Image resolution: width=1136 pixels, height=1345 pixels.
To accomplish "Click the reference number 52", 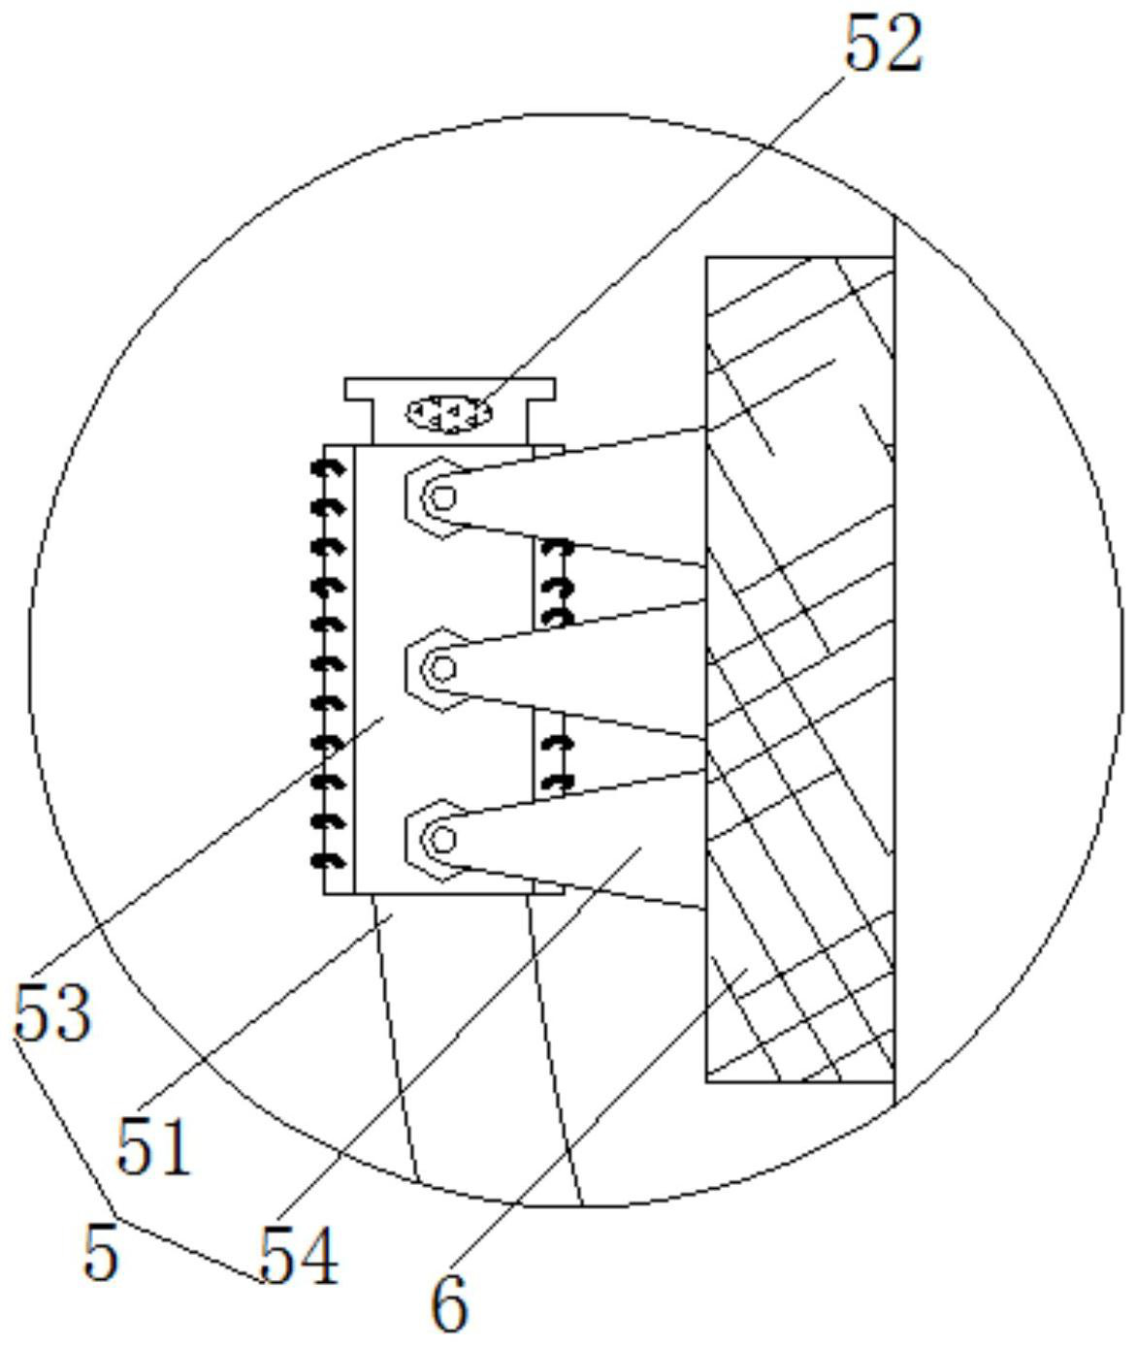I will [883, 46].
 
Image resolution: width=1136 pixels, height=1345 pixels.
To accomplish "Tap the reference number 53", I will [53, 1014].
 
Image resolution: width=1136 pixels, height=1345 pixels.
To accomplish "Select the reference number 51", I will [153, 1145].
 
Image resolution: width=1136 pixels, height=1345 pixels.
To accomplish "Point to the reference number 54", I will [299, 1257].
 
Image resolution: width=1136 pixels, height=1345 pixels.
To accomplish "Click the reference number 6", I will [449, 1303].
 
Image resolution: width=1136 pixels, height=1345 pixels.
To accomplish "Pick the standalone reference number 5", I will [101, 1252].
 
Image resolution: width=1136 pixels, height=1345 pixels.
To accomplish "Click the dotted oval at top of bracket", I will [449, 413].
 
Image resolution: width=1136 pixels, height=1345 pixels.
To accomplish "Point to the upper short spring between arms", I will [555, 584].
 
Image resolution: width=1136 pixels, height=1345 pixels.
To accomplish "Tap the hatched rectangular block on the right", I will [800, 668].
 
